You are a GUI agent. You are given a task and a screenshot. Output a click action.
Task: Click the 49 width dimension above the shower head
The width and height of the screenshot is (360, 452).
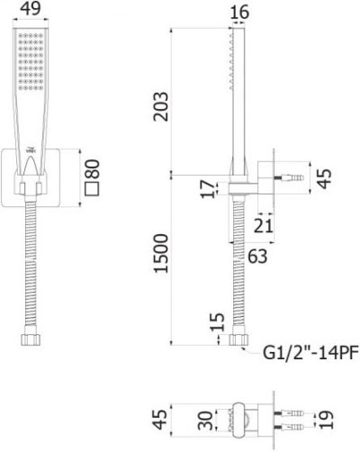[x=30, y=11]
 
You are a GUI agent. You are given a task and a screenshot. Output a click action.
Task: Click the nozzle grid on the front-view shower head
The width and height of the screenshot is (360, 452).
[x=30, y=63]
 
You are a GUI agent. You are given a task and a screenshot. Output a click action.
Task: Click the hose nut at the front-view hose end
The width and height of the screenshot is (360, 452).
[x=30, y=339]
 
